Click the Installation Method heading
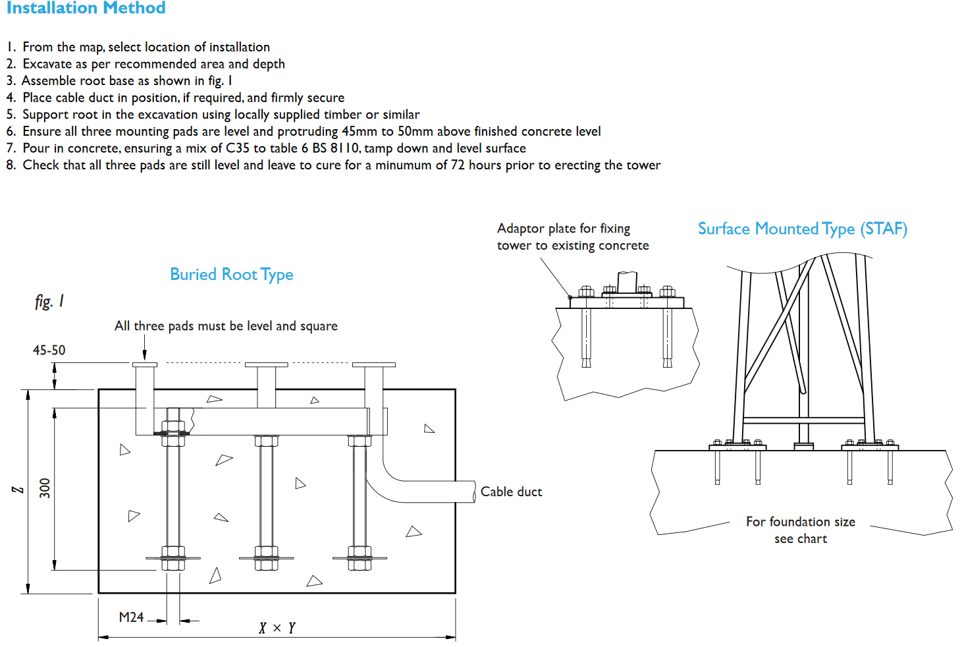(x=86, y=8)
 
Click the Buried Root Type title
(x=231, y=274)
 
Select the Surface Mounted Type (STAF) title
(x=802, y=229)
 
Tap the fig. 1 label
(x=49, y=301)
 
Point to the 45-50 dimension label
(x=49, y=350)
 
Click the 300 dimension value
(x=45, y=488)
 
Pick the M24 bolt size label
(x=131, y=617)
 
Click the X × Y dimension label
(x=277, y=628)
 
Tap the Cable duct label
(x=511, y=492)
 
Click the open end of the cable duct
(x=473, y=492)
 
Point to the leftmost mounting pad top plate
(x=145, y=364)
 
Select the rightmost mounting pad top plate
(x=373, y=364)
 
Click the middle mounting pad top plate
(x=266, y=364)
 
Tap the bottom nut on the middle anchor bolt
(x=266, y=565)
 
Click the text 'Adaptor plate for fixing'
(x=563, y=228)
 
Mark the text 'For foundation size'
(x=800, y=522)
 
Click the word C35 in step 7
(x=237, y=148)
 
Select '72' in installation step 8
(x=458, y=165)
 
